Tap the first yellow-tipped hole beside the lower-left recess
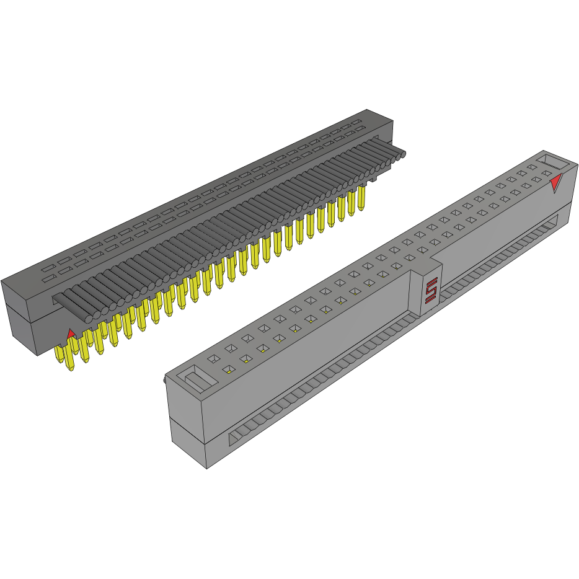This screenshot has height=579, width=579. [x=229, y=370]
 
